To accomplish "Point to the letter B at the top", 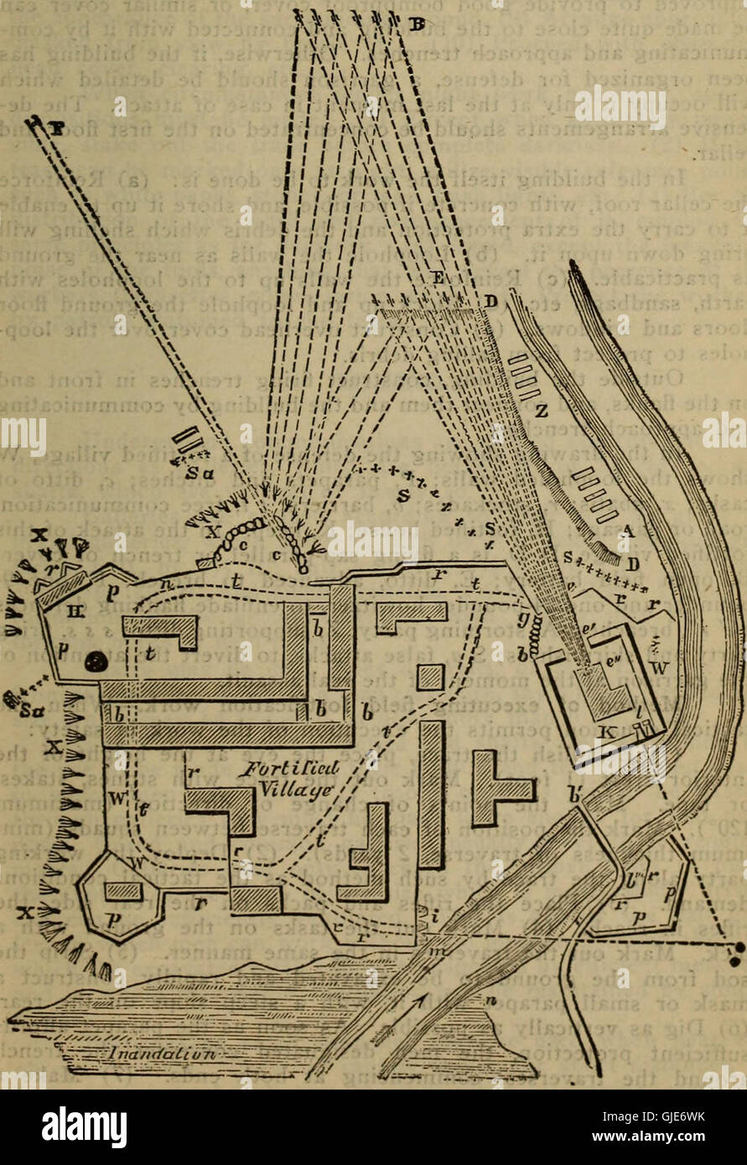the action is point(412,23).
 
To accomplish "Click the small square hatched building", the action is point(429,677).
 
